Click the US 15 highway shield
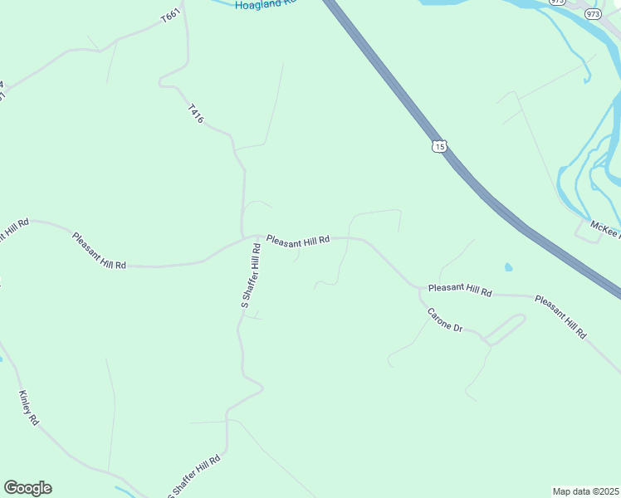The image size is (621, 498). pyautogui.click(x=439, y=147)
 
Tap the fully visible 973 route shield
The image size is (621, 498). pyautogui.click(x=592, y=14)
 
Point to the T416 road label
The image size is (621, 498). pyautogui.click(x=195, y=114)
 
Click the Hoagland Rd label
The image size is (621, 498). pyautogui.click(x=266, y=4)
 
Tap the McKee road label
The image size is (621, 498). pyautogui.click(x=604, y=227)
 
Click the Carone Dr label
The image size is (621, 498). pyautogui.click(x=444, y=320)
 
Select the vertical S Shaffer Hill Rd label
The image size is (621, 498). pyautogui.click(x=251, y=276)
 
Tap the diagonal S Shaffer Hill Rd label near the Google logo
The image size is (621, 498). pyautogui.click(x=196, y=476)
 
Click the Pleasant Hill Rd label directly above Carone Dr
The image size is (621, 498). pyautogui.click(x=460, y=290)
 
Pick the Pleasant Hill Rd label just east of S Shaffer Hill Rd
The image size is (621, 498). pyautogui.click(x=298, y=240)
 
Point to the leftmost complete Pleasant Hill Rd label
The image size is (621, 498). pyautogui.click(x=99, y=251)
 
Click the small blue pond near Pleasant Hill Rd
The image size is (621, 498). pyautogui.click(x=508, y=268)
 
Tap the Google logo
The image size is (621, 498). pyautogui.click(x=27, y=488)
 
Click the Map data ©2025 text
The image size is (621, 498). pyautogui.click(x=584, y=491)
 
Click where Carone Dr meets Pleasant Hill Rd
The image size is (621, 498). pyautogui.click(x=418, y=290)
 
